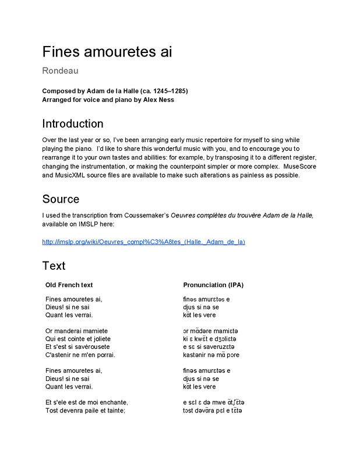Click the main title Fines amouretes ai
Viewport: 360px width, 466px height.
tap(107, 52)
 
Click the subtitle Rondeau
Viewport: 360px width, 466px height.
tap(60, 71)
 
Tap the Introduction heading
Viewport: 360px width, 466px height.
tap(73, 123)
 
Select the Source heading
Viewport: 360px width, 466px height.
tap(61, 199)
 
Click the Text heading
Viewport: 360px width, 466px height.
tap(54, 266)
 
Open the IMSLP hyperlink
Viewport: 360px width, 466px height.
tap(143, 242)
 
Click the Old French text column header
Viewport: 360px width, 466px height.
tap(69, 285)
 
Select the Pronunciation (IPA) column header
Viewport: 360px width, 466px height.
tap(213, 285)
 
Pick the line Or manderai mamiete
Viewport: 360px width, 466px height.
tap(76, 331)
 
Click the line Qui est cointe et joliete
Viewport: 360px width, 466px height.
tap(78, 339)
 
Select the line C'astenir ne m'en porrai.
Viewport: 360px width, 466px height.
tap(80, 355)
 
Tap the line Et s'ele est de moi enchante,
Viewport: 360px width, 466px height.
tap(86, 403)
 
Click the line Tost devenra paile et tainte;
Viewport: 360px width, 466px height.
tap(85, 411)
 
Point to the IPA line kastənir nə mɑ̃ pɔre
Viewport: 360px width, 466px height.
tap(211, 355)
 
